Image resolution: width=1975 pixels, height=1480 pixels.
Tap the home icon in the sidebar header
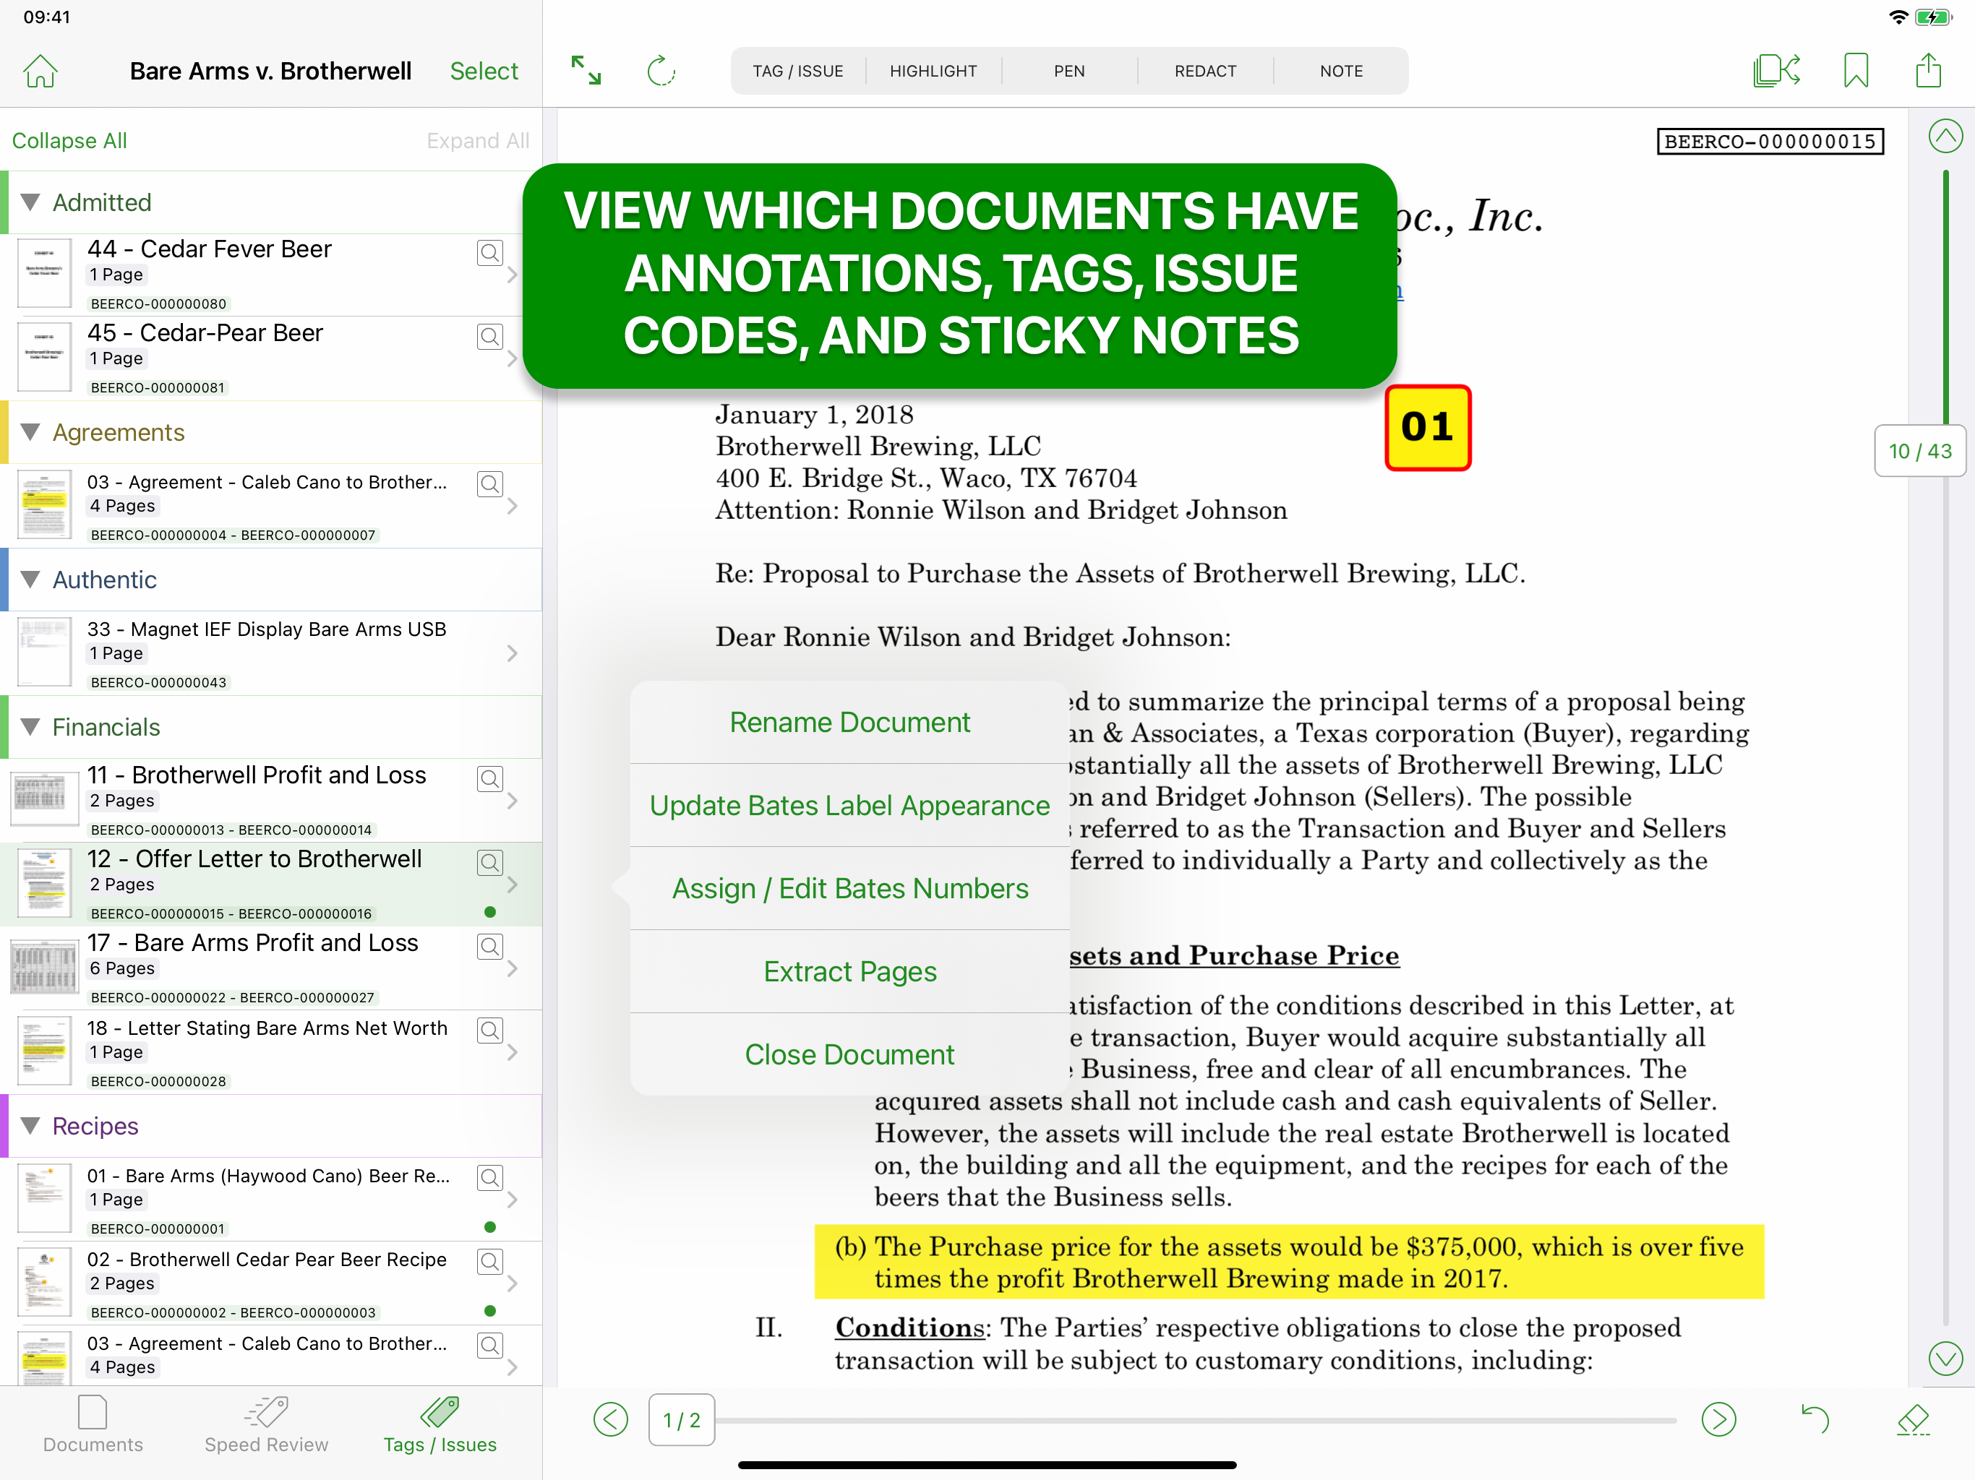pyautogui.click(x=40, y=71)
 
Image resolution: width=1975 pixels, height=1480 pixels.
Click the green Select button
pyautogui.click(x=483, y=71)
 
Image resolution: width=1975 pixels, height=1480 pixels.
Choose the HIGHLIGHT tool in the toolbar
pyautogui.click(x=933, y=71)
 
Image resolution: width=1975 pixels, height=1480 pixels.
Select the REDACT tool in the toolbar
pyautogui.click(x=1204, y=71)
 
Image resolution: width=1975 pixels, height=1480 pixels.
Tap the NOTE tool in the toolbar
pyautogui.click(x=1340, y=71)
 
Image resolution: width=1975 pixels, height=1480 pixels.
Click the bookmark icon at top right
pyautogui.click(x=1855, y=71)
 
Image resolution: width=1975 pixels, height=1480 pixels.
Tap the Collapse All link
pyautogui.click(x=69, y=141)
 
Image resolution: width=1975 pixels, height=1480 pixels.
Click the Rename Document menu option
pyautogui.click(x=849, y=722)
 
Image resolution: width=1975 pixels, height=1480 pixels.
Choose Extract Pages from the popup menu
pyautogui.click(x=849, y=971)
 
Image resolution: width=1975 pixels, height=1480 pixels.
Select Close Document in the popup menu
pyautogui.click(x=849, y=1054)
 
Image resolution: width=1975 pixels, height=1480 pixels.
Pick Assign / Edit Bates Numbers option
pyautogui.click(x=849, y=888)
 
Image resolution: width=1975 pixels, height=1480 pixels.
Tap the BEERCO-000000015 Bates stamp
pyautogui.click(x=1770, y=142)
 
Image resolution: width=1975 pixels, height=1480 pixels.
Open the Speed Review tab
pyautogui.click(x=266, y=1426)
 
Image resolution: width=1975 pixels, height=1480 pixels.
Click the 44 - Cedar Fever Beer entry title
pyautogui.click(x=210, y=249)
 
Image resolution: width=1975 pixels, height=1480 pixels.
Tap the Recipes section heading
pyautogui.click(x=95, y=1127)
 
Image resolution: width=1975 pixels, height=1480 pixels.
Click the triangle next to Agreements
pyautogui.click(x=30, y=432)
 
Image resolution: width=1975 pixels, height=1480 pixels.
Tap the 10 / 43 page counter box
pyautogui.click(x=1919, y=452)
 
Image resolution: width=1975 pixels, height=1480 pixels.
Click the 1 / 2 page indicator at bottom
pyautogui.click(x=681, y=1420)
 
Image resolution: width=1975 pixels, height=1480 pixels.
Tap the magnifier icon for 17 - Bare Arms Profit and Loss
pyautogui.click(x=489, y=946)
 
